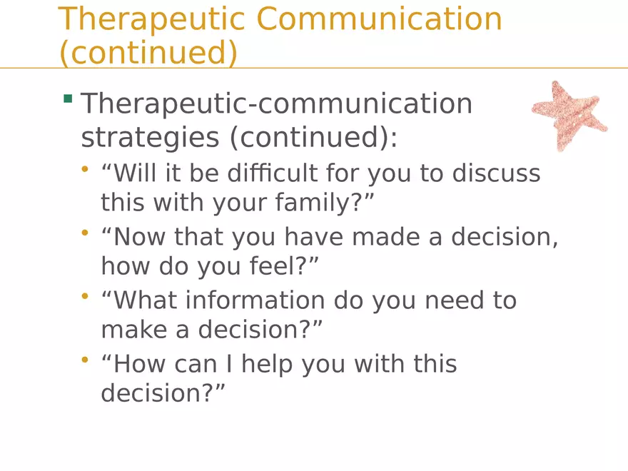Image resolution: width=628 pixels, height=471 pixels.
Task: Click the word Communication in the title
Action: click(379, 19)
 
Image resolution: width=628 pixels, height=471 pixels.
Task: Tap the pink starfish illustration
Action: click(569, 116)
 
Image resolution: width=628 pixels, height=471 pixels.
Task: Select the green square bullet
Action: click(68, 98)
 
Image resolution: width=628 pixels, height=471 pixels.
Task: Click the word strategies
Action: click(150, 138)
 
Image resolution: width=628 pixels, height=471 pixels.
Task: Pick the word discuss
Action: click(496, 173)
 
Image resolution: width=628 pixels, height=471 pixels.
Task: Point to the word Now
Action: click(139, 237)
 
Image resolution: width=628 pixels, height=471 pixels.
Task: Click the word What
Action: click(145, 300)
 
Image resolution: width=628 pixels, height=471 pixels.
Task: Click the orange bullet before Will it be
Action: click(84, 169)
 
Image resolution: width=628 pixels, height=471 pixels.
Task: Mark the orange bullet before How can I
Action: click(84, 360)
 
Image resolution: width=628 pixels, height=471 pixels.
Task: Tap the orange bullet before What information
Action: click(84, 296)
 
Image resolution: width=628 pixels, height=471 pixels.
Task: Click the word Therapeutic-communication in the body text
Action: click(277, 104)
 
